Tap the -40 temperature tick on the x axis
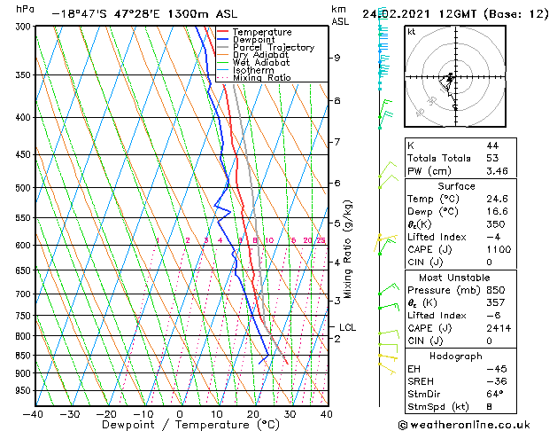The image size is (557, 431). point(34,413)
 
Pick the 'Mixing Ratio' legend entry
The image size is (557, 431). point(261,78)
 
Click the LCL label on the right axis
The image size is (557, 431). point(347,327)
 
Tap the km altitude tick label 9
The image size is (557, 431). point(337,58)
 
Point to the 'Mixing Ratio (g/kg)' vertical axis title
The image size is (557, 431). point(348,249)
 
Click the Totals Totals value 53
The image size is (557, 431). point(492,158)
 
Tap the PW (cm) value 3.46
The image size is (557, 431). point(497,170)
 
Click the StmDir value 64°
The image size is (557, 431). point(494,394)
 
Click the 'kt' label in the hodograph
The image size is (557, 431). point(412,32)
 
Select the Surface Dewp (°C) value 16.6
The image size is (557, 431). point(497,212)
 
